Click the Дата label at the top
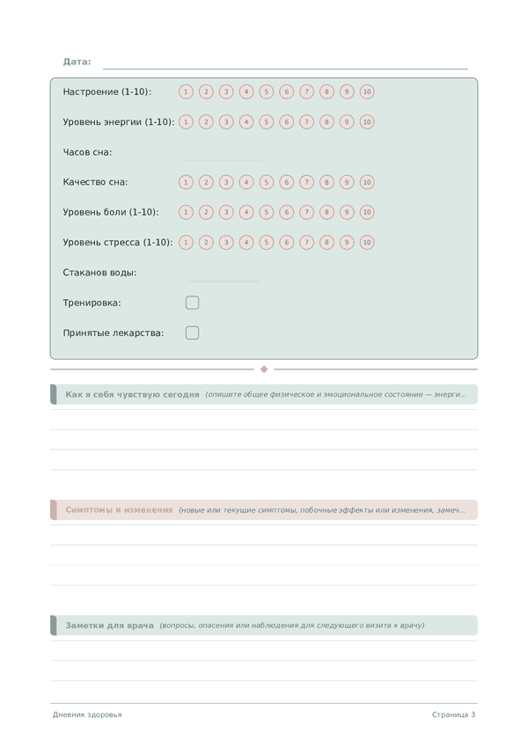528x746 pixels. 77,62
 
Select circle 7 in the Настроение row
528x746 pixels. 306,91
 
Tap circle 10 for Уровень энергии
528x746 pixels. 367,122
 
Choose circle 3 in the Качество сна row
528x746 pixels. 226,182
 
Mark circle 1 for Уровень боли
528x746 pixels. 186,212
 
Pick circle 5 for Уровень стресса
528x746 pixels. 267,242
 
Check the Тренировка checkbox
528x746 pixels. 193,303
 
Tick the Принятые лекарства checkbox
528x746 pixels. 193,333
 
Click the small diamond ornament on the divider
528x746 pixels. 264,369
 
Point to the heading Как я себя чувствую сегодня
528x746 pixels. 132,394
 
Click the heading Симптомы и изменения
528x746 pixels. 119,510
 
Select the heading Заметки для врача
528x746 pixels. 109,625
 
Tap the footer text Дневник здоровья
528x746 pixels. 87,714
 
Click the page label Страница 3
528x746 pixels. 453,714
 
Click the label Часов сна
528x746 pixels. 87,152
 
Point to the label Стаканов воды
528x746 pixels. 99,273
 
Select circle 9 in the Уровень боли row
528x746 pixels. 347,212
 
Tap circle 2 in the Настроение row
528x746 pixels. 206,91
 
